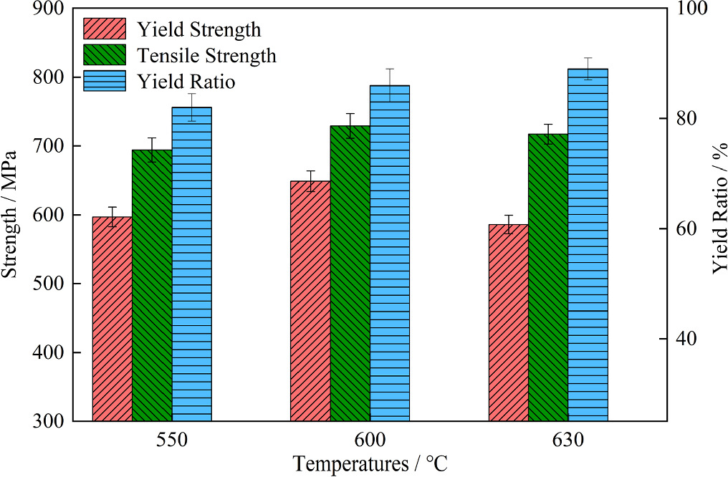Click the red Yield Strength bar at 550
[112, 319]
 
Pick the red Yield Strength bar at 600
[310, 301]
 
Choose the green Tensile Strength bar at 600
[350, 273]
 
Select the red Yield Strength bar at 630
[508, 322]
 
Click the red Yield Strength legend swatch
[104, 29]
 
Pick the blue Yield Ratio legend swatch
[104, 81]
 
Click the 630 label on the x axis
[567, 440]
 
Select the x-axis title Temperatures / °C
[370, 463]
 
